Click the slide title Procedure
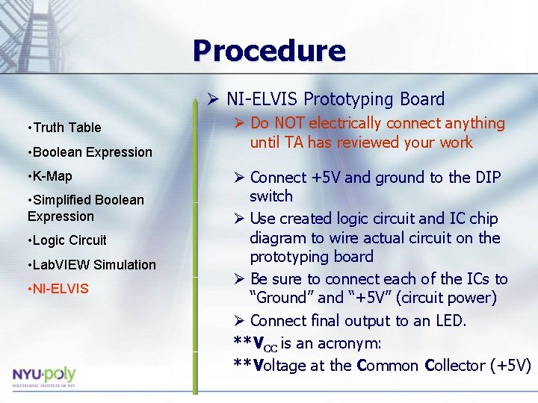269,51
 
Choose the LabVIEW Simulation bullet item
92,265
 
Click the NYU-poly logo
44,375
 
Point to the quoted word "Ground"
282,298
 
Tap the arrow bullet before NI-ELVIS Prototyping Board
214,99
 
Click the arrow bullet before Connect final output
238,321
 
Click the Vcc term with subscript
265,344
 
